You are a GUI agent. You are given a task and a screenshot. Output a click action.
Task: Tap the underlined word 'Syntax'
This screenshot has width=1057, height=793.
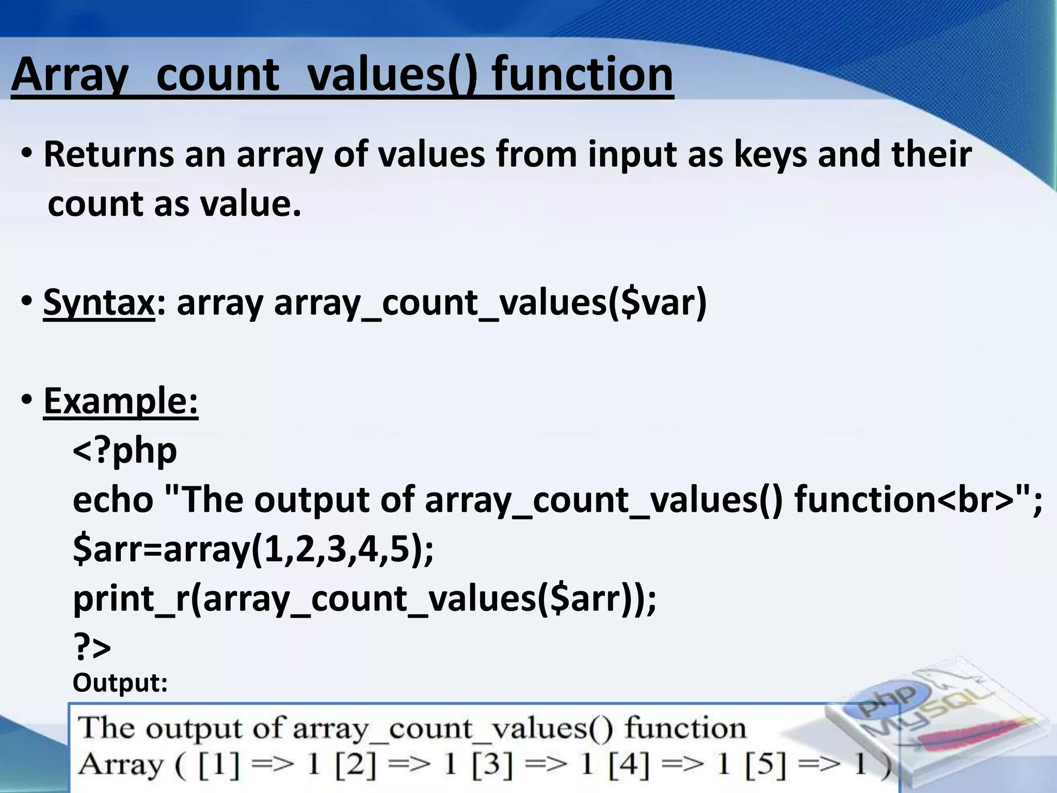pyautogui.click(x=99, y=303)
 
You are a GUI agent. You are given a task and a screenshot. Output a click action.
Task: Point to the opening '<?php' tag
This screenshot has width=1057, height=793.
pyautogui.click(x=125, y=450)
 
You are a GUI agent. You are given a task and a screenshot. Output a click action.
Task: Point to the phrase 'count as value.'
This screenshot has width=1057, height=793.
pyautogui.click(x=174, y=204)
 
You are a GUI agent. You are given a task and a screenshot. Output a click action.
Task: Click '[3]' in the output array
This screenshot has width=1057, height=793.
pyautogui.click(x=492, y=765)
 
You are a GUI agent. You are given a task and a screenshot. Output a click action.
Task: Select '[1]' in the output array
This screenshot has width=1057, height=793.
pyautogui.click(x=219, y=765)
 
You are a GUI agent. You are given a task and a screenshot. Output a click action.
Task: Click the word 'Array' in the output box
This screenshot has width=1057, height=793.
pyautogui.click(x=120, y=765)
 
